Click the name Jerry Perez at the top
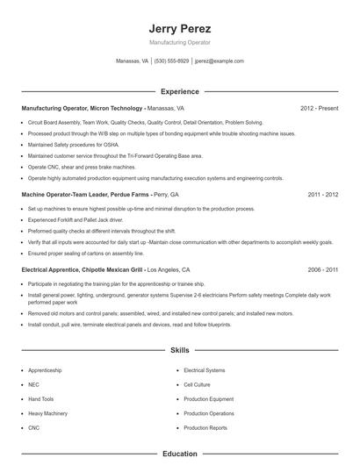[x=179, y=28]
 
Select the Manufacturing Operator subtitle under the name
[x=179, y=42]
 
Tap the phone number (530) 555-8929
[x=171, y=61]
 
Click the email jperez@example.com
[x=219, y=61]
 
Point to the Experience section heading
[x=179, y=91]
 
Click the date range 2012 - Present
[x=319, y=108]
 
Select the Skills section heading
[x=179, y=350]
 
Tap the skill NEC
[x=33, y=384]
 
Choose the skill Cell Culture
[x=197, y=384]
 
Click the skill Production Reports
[x=205, y=427]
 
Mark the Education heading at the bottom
[x=179, y=454]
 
